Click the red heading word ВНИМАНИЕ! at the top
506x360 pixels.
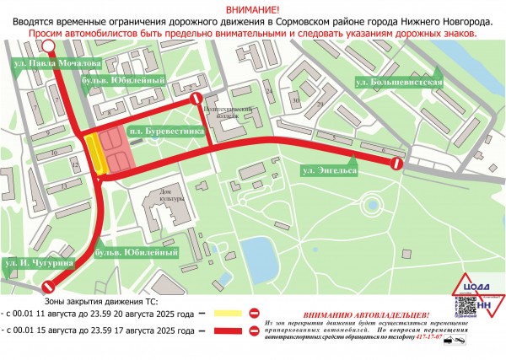253,8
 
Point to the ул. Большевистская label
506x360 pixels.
399,81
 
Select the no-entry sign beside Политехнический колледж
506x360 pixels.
196,101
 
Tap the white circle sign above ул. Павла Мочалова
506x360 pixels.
49,46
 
